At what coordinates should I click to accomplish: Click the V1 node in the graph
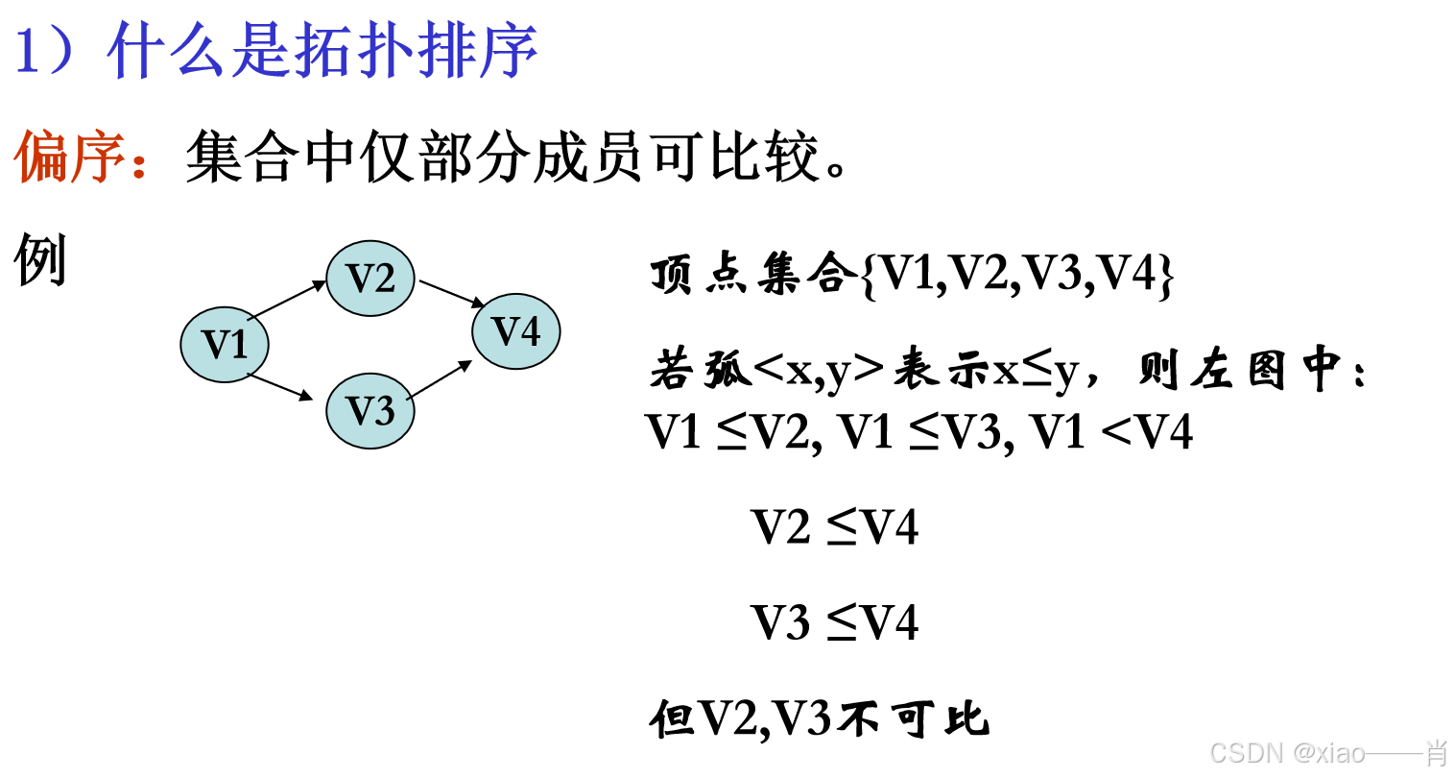[225, 344]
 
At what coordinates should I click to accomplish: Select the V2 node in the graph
[370, 279]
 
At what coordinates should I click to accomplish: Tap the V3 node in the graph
[370, 411]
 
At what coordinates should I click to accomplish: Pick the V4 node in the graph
[516, 331]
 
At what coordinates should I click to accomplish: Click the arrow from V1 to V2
[286, 300]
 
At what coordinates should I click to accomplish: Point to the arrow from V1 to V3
[280, 386]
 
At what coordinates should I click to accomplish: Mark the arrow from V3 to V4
[440, 380]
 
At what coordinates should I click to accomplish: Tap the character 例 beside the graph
[40, 260]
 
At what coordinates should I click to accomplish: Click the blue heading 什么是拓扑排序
[322, 51]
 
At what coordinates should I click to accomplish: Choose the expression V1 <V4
[1111, 431]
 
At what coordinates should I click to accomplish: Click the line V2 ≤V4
[834, 527]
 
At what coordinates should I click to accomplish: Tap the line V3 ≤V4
[834, 622]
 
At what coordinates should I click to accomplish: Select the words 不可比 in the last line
[913, 718]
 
